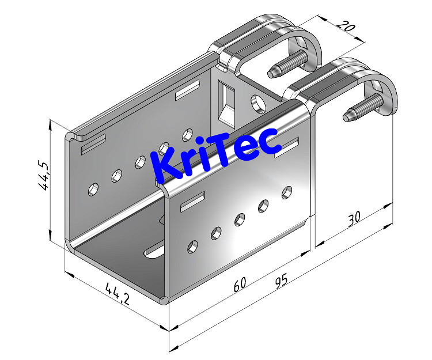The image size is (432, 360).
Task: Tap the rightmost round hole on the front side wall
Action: coord(286,192)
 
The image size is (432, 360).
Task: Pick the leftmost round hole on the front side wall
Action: coord(193,247)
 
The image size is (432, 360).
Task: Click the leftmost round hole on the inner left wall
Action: coord(92,188)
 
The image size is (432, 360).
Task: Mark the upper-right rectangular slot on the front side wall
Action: coord(286,147)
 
